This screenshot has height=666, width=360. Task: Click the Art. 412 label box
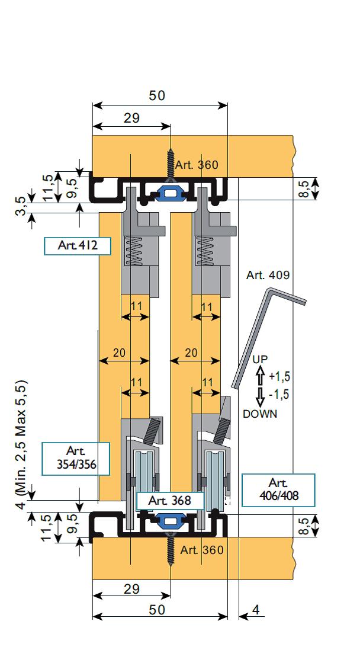[x=78, y=246]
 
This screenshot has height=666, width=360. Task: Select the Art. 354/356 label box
[x=75, y=459]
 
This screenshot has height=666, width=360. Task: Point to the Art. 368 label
[x=170, y=501]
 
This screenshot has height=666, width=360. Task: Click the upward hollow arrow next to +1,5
[x=259, y=376]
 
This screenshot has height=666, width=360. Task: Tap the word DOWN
[x=259, y=414]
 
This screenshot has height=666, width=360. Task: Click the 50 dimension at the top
[x=157, y=96]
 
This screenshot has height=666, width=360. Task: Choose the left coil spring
[x=137, y=251]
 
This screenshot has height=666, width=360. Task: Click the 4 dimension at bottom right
[x=255, y=609]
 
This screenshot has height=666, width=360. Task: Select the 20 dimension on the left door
[x=119, y=352]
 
